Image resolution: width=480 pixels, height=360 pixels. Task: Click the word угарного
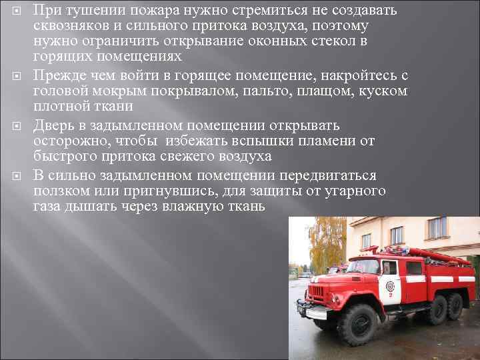click(x=354, y=191)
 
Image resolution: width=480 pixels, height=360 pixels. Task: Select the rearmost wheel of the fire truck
click(x=455, y=306)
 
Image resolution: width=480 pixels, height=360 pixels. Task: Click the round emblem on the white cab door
click(x=390, y=287)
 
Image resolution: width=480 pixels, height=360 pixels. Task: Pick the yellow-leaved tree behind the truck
click(x=325, y=243)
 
